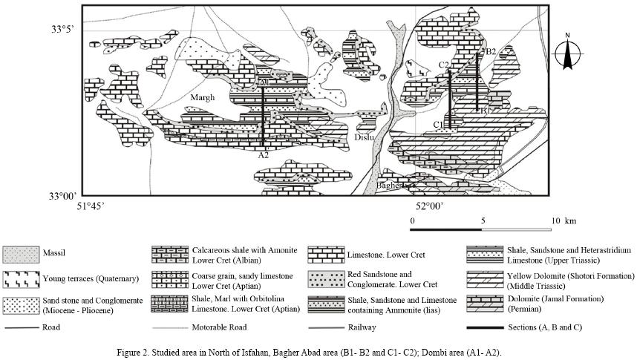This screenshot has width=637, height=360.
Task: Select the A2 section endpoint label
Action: click(x=263, y=155)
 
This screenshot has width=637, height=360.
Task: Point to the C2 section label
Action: click(x=444, y=65)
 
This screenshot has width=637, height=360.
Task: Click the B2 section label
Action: click(x=489, y=50)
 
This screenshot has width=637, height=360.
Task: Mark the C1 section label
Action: click(x=440, y=124)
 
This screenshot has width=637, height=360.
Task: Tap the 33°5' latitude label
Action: click(x=62, y=29)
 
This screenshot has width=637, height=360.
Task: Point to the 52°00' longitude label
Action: click(x=430, y=206)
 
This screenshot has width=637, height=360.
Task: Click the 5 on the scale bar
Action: click(x=483, y=221)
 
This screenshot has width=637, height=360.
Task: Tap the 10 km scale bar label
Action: click(x=561, y=221)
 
